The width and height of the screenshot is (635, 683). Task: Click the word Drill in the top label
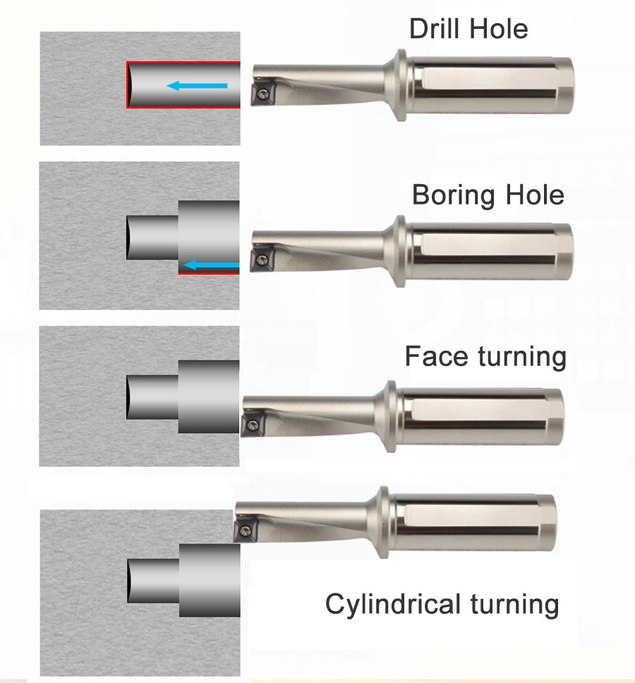click(x=433, y=30)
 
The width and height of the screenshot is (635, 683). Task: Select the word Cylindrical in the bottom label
click(x=392, y=604)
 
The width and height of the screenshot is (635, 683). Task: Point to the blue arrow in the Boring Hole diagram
click(x=211, y=265)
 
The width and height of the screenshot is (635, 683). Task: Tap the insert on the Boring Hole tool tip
click(x=262, y=260)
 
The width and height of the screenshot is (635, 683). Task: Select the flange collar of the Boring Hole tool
click(x=399, y=251)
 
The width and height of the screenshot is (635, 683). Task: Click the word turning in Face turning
click(x=522, y=356)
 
